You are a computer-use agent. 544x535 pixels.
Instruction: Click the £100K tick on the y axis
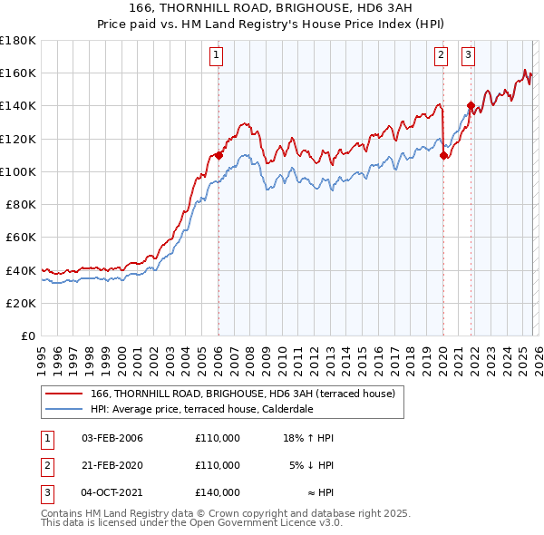[18, 171]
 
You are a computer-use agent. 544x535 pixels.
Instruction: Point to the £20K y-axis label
[18, 303]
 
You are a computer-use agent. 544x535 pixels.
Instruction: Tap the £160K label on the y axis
[18, 73]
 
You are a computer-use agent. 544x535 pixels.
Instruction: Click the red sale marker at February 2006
[219, 155]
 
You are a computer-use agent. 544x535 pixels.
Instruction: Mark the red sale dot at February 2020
[443, 155]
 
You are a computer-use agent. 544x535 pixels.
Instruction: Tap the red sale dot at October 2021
[470, 105]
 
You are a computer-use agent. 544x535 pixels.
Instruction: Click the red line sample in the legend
[64, 394]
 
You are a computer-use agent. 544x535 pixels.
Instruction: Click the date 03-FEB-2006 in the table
[112, 438]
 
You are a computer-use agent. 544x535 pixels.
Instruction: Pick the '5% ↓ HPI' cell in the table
[311, 465]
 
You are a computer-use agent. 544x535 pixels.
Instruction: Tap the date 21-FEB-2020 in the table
[112, 465]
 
